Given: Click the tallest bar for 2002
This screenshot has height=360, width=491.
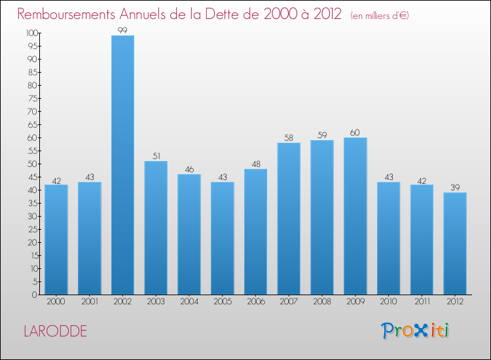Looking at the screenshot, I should [122, 165].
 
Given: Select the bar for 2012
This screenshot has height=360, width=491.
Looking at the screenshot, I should [455, 243].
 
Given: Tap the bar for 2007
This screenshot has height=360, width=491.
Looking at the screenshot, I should [289, 219].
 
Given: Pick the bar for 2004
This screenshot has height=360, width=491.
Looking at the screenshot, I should [189, 234].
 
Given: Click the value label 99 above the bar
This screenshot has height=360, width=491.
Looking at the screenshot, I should [122, 30].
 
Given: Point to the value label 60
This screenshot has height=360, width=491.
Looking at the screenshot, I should [355, 133].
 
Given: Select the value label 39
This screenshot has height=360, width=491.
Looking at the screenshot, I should [455, 188].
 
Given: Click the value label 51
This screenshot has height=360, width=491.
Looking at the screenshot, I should [156, 156].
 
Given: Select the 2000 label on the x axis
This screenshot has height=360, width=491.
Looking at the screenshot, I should [56, 302].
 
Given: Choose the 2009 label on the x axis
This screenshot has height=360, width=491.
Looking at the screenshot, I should [355, 302].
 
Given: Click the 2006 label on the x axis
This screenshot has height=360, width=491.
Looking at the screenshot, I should [255, 302].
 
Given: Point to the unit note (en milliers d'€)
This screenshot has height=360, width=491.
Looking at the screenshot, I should [380, 15].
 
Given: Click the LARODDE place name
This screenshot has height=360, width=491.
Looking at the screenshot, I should [54, 331].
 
